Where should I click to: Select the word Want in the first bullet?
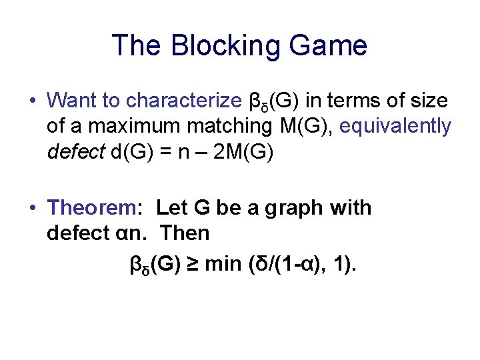click(70, 101)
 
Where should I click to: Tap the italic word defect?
click(69, 151)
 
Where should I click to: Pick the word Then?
click(189, 233)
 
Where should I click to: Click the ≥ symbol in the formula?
click(192, 265)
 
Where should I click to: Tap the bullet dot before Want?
click(32, 101)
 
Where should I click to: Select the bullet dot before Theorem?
click(32, 208)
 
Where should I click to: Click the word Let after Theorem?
click(172, 208)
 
